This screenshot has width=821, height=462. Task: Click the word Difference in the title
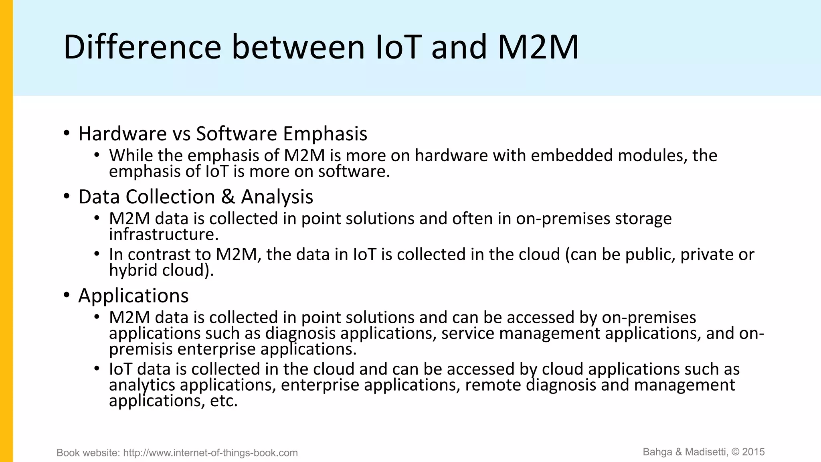(x=142, y=47)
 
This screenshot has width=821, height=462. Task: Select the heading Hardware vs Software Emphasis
(x=222, y=134)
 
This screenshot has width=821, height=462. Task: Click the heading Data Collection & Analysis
(x=196, y=197)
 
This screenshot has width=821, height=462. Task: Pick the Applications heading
(x=133, y=296)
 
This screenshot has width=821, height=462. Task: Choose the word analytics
(x=142, y=385)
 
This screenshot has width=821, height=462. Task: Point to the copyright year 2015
(x=753, y=452)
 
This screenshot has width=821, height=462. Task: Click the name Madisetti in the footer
(x=706, y=452)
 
